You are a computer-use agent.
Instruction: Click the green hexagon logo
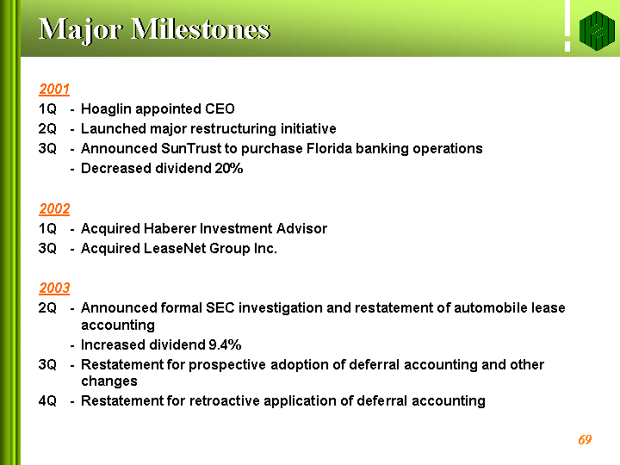click(x=597, y=31)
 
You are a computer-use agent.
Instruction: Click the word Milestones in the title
click(x=200, y=29)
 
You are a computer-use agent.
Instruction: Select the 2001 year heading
click(x=54, y=89)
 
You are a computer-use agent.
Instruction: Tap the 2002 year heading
click(x=54, y=208)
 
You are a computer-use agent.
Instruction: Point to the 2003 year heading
click(x=54, y=288)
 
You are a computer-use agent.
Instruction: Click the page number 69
click(x=585, y=439)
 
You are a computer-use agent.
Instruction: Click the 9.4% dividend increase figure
click(x=225, y=344)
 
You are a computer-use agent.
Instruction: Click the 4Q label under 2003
click(x=47, y=401)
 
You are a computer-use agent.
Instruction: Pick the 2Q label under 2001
click(x=47, y=129)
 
